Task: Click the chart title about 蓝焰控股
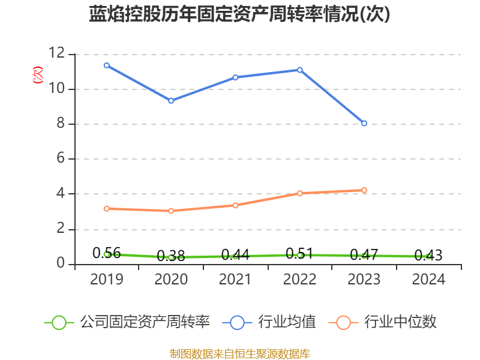(239, 14)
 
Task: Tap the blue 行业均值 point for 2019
(107, 65)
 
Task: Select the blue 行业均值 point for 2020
(171, 101)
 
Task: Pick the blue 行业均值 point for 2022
(300, 70)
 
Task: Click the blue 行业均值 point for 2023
(364, 123)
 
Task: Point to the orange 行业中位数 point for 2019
(107, 209)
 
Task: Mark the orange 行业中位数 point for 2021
(235, 205)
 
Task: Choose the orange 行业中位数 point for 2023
(364, 190)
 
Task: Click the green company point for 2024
(428, 256)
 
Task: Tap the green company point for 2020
(171, 257)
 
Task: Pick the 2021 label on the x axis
(235, 280)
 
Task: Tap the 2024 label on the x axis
(428, 280)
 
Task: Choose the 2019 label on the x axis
(107, 280)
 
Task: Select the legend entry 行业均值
(269, 322)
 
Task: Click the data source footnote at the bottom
(239, 353)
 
